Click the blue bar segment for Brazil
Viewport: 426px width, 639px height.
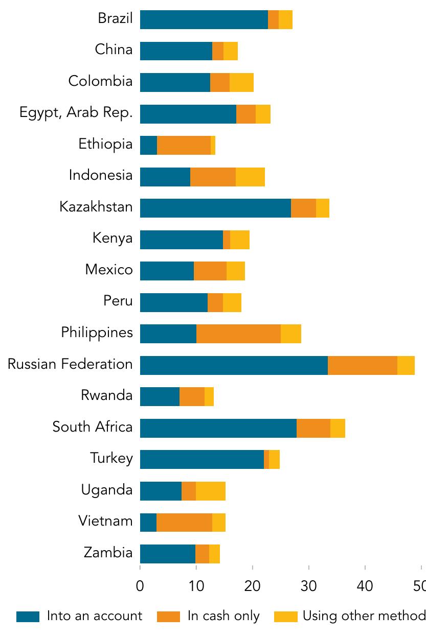pyautogui.click(x=204, y=19)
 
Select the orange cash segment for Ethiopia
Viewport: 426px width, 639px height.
pyautogui.click(x=184, y=145)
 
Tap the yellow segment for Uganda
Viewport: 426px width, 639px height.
pyautogui.click(x=210, y=491)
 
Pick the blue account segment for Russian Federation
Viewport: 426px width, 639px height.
pyautogui.click(x=234, y=365)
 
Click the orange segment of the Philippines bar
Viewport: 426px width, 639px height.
pyautogui.click(x=238, y=334)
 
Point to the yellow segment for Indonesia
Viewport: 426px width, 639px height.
pyautogui.click(x=250, y=177)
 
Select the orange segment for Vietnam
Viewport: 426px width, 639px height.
pyautogui.click(x=184, y=523)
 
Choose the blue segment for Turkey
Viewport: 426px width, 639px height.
pyautogui.click(x=201, y=459)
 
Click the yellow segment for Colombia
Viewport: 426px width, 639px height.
pyautogui.click(x=241, y=82)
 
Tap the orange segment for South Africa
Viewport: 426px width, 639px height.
pyautogui.click(x=313, y=428)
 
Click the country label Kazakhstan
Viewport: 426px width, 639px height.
pyautogui.click(x=96, y=207)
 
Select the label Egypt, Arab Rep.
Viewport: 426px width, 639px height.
pyautogui.click(x=76, y=113)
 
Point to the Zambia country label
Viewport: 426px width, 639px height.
pyautogui.click(x=108, y=553)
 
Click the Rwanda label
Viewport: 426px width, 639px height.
pyautogui.click(x=106, y=395)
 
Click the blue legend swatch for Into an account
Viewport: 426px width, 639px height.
pyautogui.click(x=28, y=617)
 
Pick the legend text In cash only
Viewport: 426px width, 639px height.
pyautogui.click(x=223, y=616)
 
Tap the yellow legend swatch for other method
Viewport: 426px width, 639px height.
pyautogui.click(x=285, y=617)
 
